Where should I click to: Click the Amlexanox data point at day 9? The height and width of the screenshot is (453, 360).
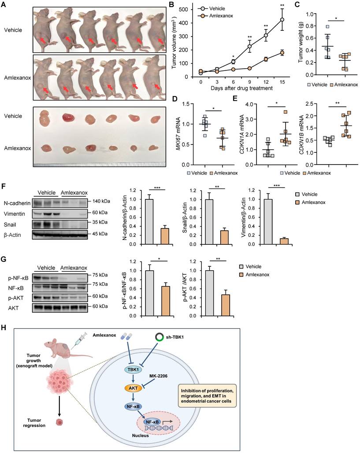(249, 68)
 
